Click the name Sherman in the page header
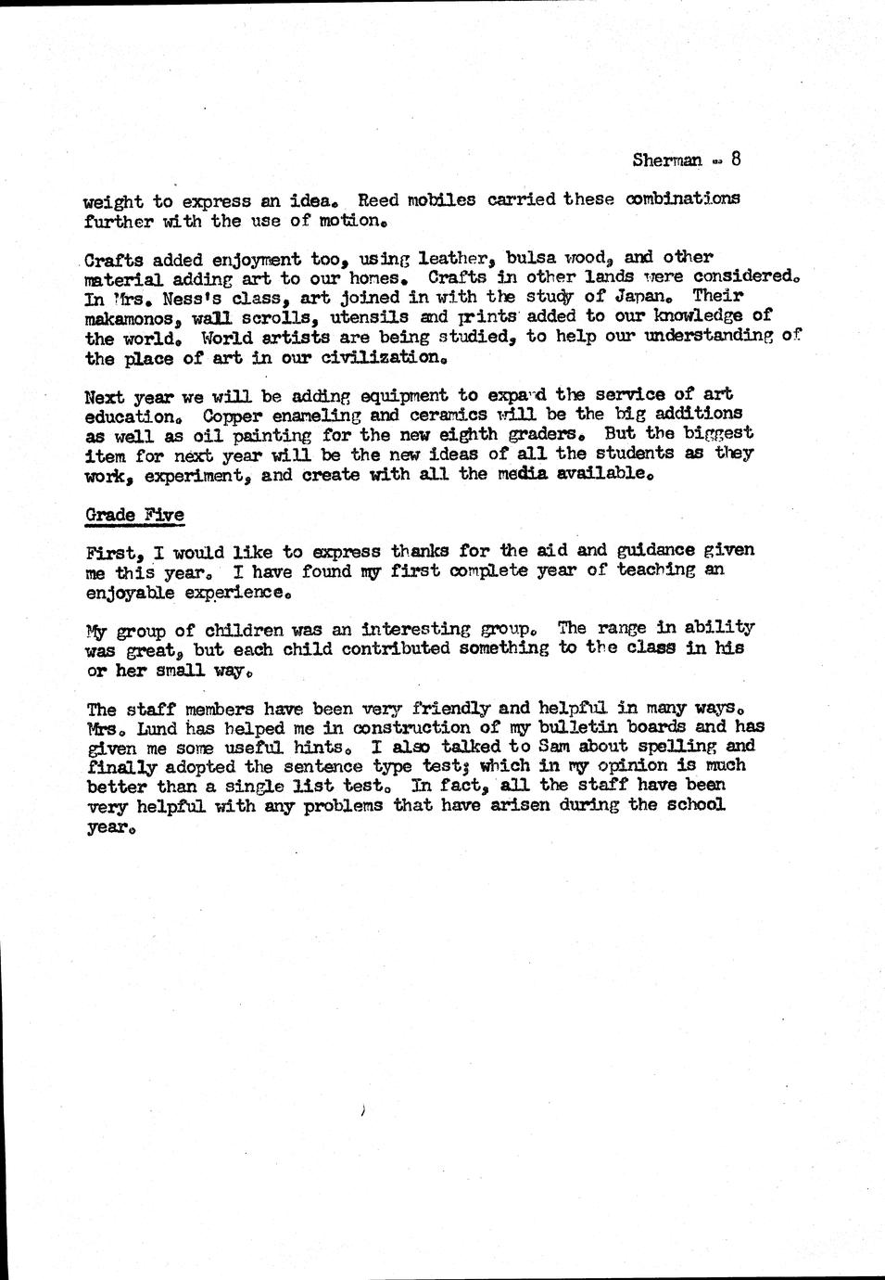point(667,160)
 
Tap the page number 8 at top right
point(735,158)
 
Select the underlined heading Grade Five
point(134,515)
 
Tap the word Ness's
point(183,298)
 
